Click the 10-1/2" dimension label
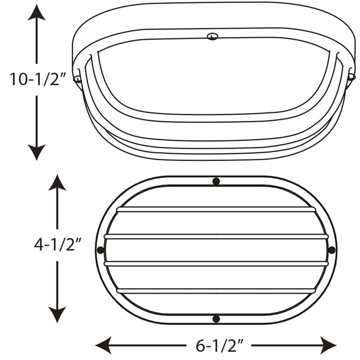pyautogui.click(x=38, y=80)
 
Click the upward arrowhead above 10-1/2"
pyautogui.click(x=37, y=11)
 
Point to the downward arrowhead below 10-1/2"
pyautogui.click(x=37, y=152)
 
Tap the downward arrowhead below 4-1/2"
pyautogui.click(x=57, y=315)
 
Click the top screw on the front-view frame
pyautogui.click(x=216, y=181)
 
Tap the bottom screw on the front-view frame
pyautogui.click(x=216, y=319)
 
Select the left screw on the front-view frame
pyautogui.click(x=100, y=250)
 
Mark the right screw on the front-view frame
pyautogui.click(x=332, y=250)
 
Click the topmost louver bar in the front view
pyautogui.click(x=216, y=209)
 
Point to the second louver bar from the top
pyautogui.click(x=216, y=237)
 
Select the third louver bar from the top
pyautogui.click(x=216, y=263)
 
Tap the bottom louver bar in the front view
pyautogui.click(x=216, y=291)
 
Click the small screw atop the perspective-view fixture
pyautogui.click(x=212, y=36)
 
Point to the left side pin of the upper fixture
pyautogui.click(x=77, y=78)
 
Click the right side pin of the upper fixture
pyautogui.click(x=351, y=77)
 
